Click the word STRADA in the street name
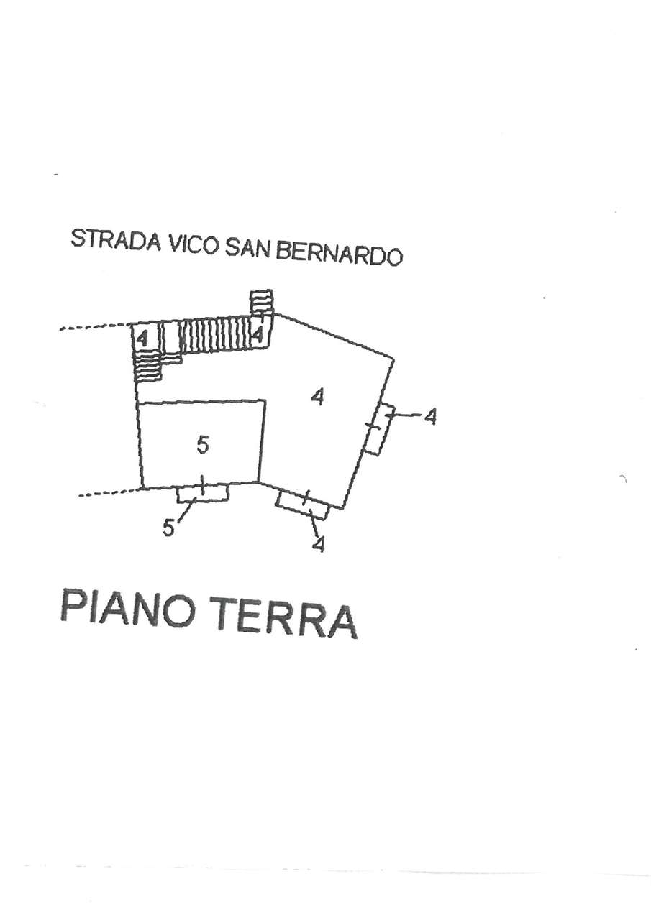[115, 241]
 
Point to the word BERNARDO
[339, 254]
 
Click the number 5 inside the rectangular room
[203, 446]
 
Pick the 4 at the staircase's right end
[258, 334]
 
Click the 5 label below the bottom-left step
[169, 528]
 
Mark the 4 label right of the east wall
[430, 416]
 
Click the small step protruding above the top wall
[262, 301]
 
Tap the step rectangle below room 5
[202, 493]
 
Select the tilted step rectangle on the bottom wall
[303, 505]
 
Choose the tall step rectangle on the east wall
[379, 429]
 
